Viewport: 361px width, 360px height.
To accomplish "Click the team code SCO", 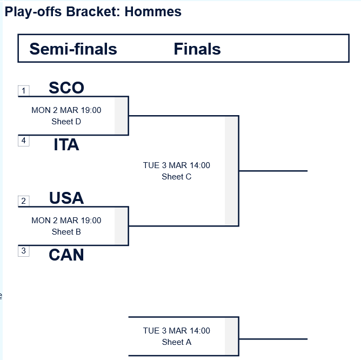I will point(66,88).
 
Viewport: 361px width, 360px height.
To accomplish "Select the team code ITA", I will point(66,145).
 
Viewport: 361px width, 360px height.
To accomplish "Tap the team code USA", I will point(66,198).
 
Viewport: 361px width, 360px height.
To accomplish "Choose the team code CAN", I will point(66,255).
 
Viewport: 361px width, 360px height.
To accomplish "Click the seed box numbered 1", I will point(23,91).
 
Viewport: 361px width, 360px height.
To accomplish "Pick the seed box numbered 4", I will point(23,141).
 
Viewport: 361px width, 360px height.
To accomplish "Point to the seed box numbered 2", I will point(23,201).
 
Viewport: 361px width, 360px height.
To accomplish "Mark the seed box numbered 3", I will point(23,251).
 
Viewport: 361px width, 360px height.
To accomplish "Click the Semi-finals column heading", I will point(73,49).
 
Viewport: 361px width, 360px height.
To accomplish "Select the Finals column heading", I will point(197,49).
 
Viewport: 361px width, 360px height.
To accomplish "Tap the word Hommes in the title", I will point(153,11).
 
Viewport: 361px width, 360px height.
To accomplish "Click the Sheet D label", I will point(66,122).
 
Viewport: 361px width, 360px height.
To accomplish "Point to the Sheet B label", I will point(66,232).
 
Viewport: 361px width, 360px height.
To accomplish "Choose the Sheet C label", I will point(177,177).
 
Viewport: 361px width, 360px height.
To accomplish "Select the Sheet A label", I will point(177,342).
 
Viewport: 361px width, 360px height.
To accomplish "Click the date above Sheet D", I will point(66,110).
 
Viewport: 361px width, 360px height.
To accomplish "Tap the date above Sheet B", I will point(66,221).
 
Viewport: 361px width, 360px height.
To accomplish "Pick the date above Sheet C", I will point(177,165).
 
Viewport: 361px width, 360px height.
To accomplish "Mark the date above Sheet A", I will point(177,331).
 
